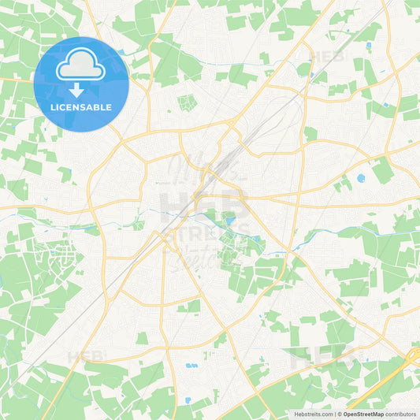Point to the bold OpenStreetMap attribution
pyautogui.click(x=363, y=413)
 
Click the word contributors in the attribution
pyautogui.click(x=402, y=413)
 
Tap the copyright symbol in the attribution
pyautogui.click(x=338, y=413)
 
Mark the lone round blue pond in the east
pyautogui.click(x=361, y=178)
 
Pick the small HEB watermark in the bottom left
pyautogui.click(x=85, y=356)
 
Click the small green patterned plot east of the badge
pyautogui.click(x=187, y=102)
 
